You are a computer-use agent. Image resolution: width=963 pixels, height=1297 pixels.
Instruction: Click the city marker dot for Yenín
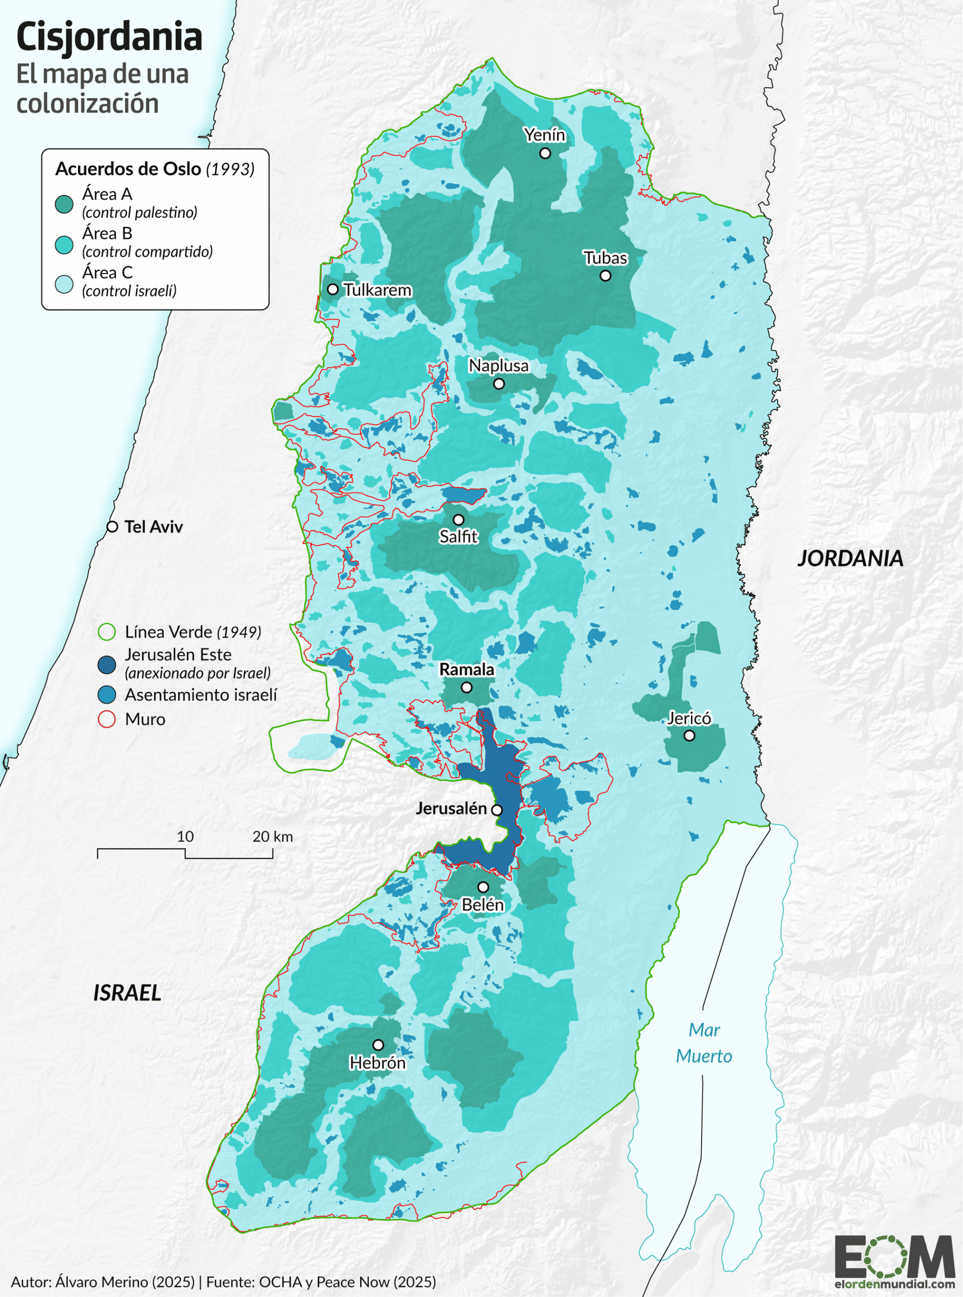click(545, 154)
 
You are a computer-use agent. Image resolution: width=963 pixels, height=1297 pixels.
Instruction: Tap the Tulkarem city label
click(377, 290)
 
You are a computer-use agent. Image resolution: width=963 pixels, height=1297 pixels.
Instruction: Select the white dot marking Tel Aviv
click(112, 527)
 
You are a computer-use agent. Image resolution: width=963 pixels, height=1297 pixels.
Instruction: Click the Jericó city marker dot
click(689, 736)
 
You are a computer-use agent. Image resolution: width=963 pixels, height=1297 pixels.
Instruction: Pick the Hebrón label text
click(377, 1062)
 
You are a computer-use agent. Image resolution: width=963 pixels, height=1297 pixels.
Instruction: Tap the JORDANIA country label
click(850, 558)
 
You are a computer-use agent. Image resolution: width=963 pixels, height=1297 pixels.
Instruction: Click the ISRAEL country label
click(127, 993)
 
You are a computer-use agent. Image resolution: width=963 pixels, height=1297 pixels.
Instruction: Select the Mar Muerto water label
click(704, 1043)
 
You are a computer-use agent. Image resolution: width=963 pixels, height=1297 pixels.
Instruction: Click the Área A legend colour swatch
click(64, 204)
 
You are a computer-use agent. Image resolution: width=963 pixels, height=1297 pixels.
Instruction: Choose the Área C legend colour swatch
click(64, 284)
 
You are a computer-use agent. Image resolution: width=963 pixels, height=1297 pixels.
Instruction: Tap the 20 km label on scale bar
click(272, 836)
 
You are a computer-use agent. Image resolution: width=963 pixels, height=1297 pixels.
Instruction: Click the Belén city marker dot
click(483, 887)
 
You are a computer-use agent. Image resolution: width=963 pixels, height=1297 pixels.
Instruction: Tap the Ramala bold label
click(467, 670)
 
